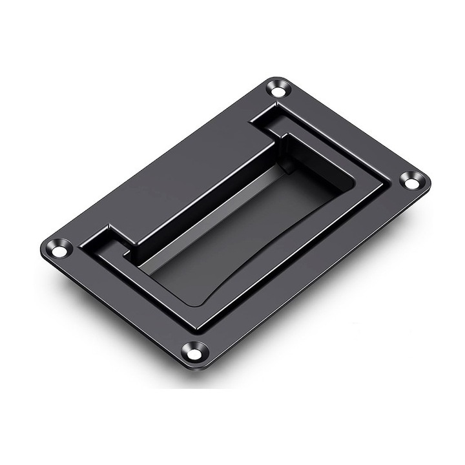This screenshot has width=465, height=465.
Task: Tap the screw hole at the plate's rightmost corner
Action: (x=411, y=181)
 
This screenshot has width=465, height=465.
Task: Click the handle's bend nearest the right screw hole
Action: (x=381, y=187)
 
